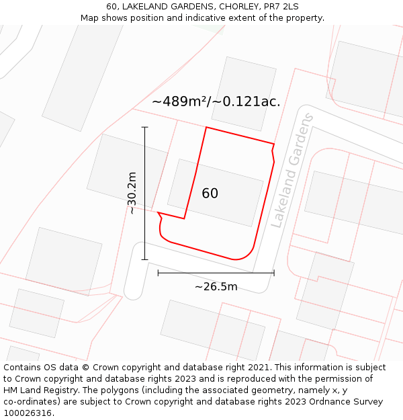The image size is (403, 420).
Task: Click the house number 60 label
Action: (210, 194)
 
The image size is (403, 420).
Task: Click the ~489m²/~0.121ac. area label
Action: (216, 101)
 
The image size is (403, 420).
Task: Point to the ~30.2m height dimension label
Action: (132, 193)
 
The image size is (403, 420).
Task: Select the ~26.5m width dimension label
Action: (216, 287)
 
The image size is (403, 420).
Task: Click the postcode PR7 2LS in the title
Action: (281, 7)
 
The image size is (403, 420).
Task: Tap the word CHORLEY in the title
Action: (233, 7)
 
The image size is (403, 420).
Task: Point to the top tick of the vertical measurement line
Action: (144, 127)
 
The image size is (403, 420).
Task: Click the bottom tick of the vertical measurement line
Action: (144, 259)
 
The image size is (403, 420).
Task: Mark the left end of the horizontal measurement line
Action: (158, 273)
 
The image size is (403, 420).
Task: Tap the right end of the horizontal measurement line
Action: (274, 273)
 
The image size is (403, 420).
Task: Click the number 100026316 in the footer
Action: (27, 413)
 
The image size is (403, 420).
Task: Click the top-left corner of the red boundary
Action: (206, 127)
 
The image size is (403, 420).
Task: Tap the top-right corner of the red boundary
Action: (274, 144)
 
